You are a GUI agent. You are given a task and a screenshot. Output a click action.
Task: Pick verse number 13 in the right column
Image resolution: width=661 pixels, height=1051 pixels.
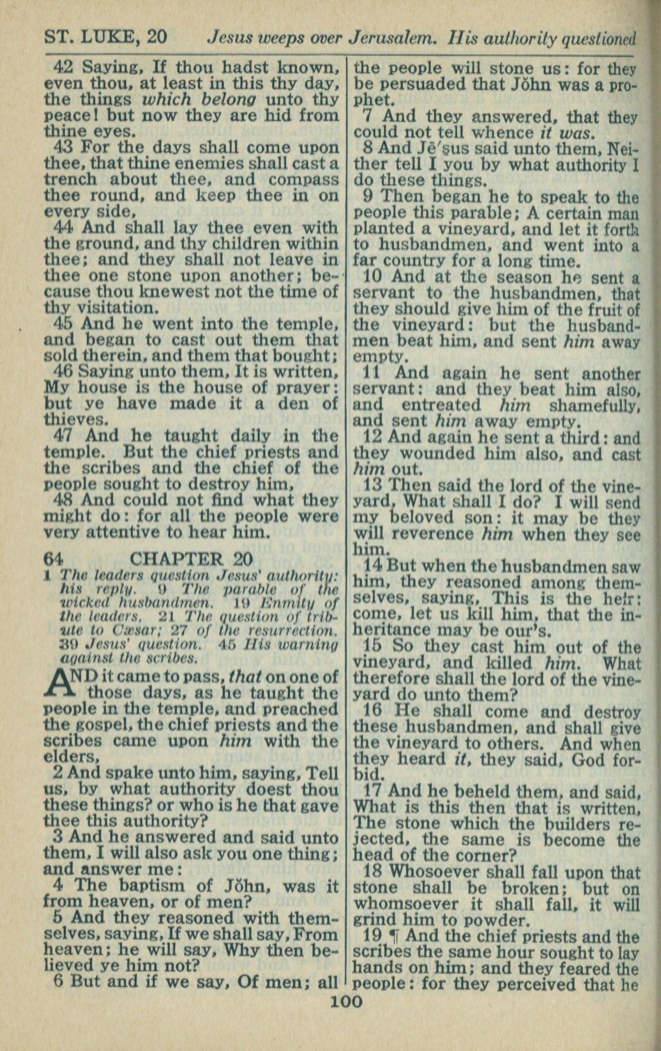click(x=374, y=486)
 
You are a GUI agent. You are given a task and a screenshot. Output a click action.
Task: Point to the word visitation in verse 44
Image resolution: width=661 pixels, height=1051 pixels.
click(x=107, y=308)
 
